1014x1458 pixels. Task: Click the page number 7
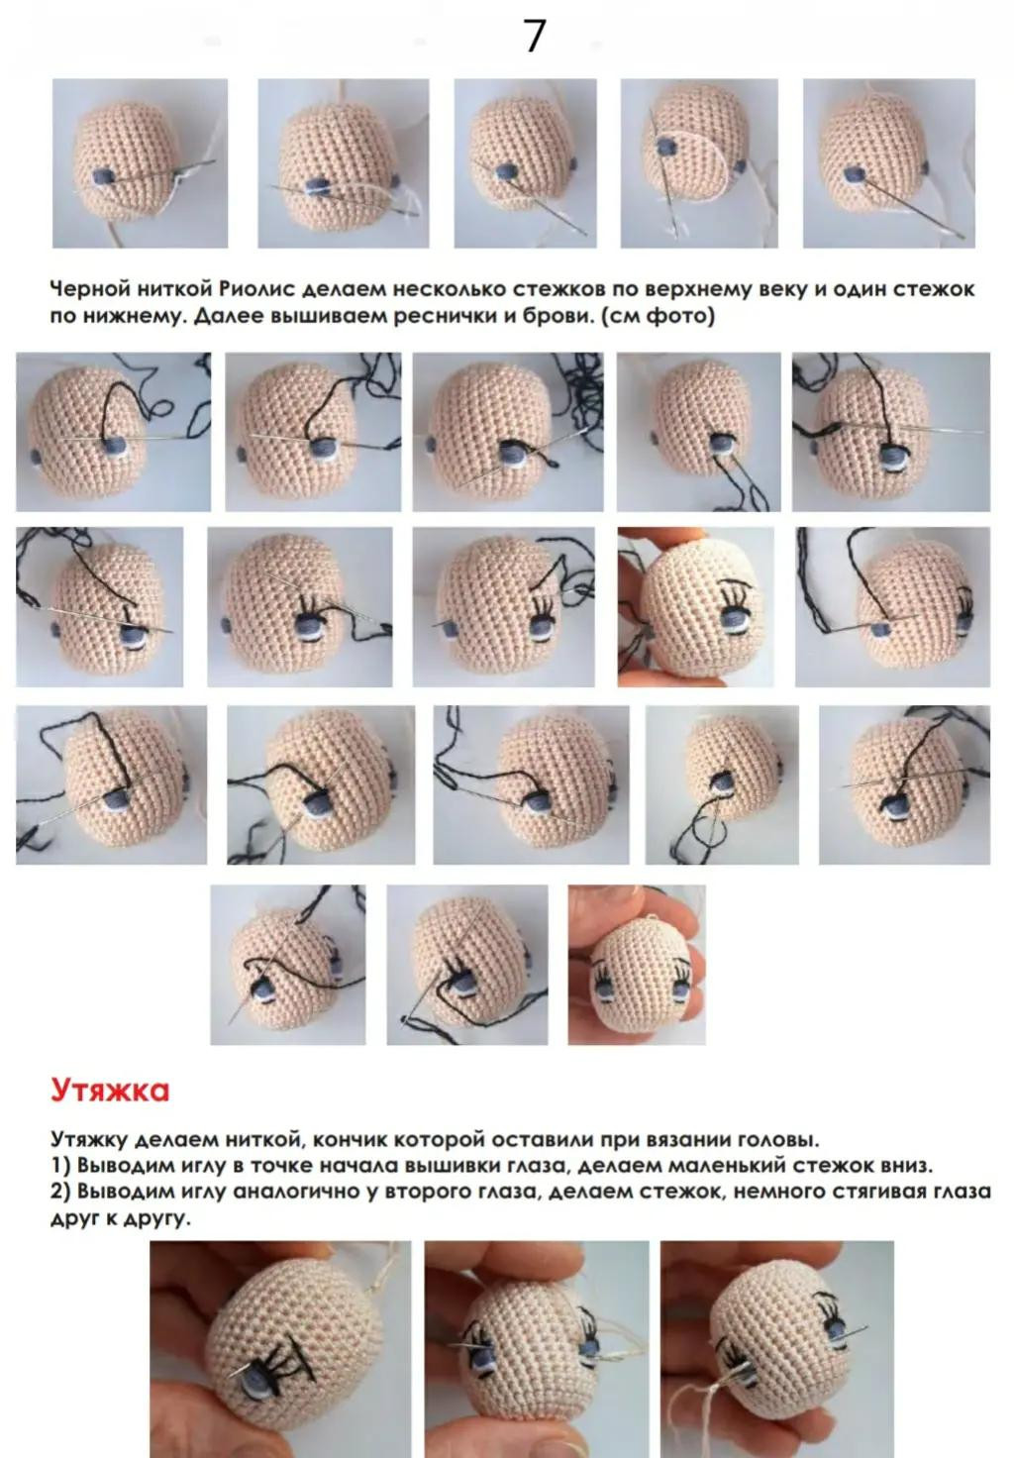click(534, 37)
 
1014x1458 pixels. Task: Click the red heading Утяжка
click(110, 1091)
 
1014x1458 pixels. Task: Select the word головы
click(779, 1140)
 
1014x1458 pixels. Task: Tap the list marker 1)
click(60, 1166)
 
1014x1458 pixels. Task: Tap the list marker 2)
click(60, 1192)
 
